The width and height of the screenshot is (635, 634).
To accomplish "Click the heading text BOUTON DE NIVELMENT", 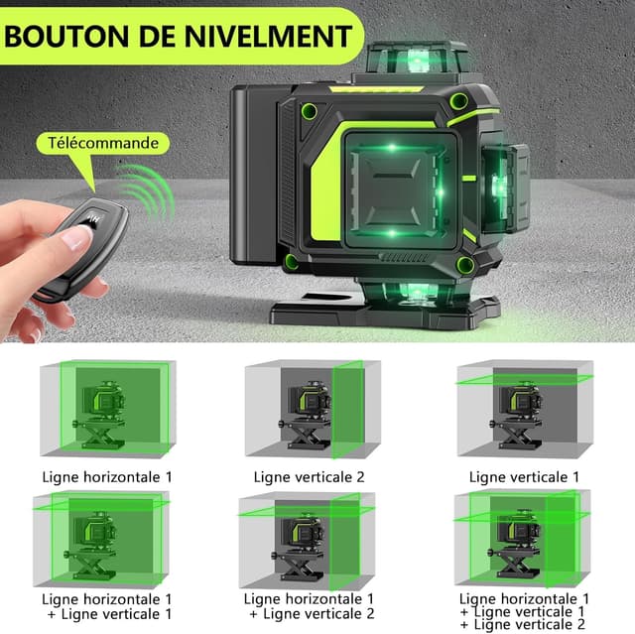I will click(x=177, y=37).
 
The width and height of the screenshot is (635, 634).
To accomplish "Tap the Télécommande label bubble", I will click(x=102, y=144).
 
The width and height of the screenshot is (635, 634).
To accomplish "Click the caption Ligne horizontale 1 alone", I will click(x=106, y=476).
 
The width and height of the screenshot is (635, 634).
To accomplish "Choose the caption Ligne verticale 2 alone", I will click(x=309, y=476).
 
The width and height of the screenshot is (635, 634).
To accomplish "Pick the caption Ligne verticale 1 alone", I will click(x=523, y=476).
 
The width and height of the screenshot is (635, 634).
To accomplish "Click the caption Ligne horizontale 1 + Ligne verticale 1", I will click(x=106, y=606).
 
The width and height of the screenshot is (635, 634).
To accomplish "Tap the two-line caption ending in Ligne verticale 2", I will click(x=309, y=606).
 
